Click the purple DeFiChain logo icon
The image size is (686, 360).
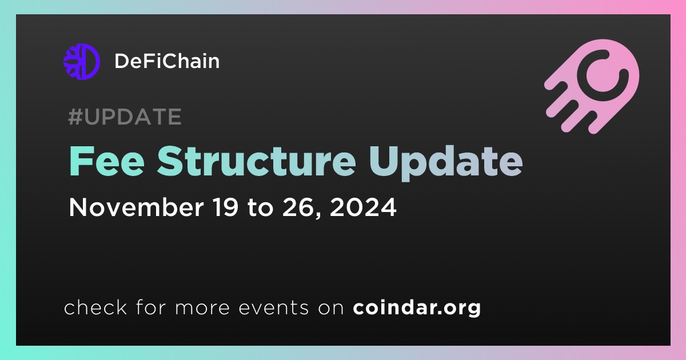point(82,62)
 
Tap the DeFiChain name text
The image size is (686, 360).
point(167,61)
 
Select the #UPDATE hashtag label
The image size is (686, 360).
point(125,117)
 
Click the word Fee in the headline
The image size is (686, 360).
point(107,161)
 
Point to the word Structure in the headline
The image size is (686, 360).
point(256,161)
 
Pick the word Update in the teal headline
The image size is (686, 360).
point(445,163)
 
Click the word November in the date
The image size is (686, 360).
point(136,207)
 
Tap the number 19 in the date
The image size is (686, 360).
point(225,207)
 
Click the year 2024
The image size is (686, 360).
point(363,207)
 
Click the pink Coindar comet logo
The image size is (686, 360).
point(592,86)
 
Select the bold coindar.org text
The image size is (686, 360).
point(417,307)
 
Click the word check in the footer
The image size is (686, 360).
point(95,307)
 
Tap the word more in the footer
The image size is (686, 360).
point(202,308)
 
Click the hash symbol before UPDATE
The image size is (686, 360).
point(75,117)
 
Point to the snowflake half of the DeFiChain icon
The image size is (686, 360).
point(73,62)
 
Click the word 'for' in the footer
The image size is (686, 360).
point(151,307)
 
